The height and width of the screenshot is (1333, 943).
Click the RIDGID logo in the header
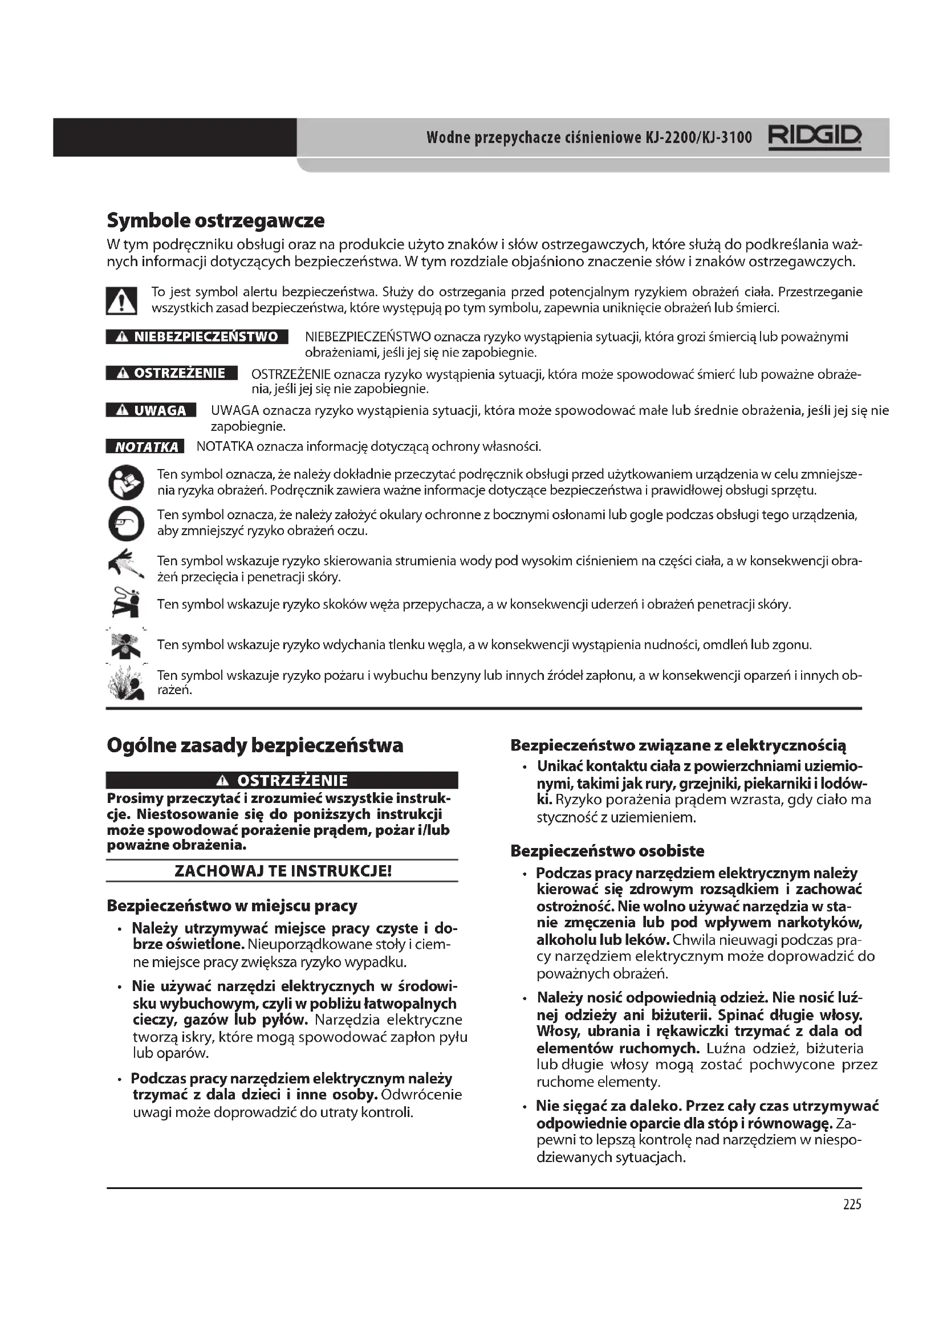coord(815,137)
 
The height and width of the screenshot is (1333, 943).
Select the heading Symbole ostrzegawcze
coord(216,221)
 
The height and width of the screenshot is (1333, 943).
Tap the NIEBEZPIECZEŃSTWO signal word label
coord(197,337)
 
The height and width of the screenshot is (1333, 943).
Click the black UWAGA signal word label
coord(151,410)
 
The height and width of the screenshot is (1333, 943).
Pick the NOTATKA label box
coord(145,446)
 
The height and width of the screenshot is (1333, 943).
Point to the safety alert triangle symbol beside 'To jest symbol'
coord(121,301)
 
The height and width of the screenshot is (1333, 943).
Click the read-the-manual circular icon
coord(126,482)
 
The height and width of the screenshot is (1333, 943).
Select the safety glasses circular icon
coord(126,523)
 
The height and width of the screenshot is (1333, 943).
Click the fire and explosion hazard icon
coord(126,683)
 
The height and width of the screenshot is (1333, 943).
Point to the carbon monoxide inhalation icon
coord(126,645)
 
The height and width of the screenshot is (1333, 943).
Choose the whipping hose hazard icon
coord(126,602)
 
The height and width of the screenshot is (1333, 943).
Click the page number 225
coord(852,1204)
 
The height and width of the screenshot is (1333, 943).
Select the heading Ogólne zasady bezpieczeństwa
coord(255,745)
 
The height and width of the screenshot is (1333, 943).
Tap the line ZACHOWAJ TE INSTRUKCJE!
coord(283,871)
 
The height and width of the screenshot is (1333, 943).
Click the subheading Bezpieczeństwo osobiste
coord(607,851)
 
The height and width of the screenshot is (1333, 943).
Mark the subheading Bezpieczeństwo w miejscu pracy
coord(231,906)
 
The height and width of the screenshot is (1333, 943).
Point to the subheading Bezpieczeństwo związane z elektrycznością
coord(678,745)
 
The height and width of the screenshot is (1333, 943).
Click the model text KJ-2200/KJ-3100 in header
coord(698,137)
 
